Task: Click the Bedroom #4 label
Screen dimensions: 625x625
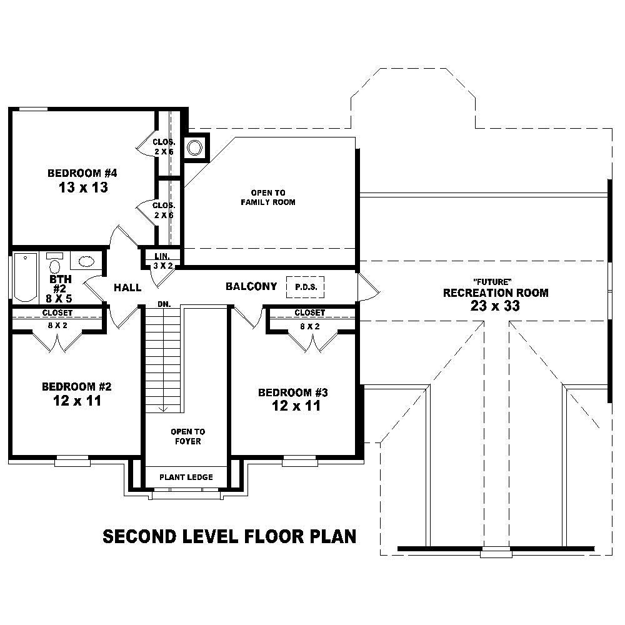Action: coord(82,172)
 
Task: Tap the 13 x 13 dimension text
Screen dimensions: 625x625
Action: coord(82,187)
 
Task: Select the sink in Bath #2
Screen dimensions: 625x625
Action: coord(86,261)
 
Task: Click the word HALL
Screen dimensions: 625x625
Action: coord(127,287)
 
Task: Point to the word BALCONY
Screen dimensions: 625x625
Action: coord(251,286)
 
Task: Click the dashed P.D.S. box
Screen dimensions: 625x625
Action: coord(305,287)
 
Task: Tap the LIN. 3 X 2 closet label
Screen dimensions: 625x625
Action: coord(164,261)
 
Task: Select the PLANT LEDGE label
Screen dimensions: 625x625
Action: coord(186,477)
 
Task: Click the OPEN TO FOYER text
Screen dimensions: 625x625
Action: coord(187,436)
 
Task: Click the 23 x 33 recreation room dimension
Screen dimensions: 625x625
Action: coord(495,306)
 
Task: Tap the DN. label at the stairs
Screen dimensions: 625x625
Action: coord(164,304)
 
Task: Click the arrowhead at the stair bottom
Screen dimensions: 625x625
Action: coord(164,409)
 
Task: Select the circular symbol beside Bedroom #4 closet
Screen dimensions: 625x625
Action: coord(196,148)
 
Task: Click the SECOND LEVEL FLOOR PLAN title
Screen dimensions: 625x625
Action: coord(229,536)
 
